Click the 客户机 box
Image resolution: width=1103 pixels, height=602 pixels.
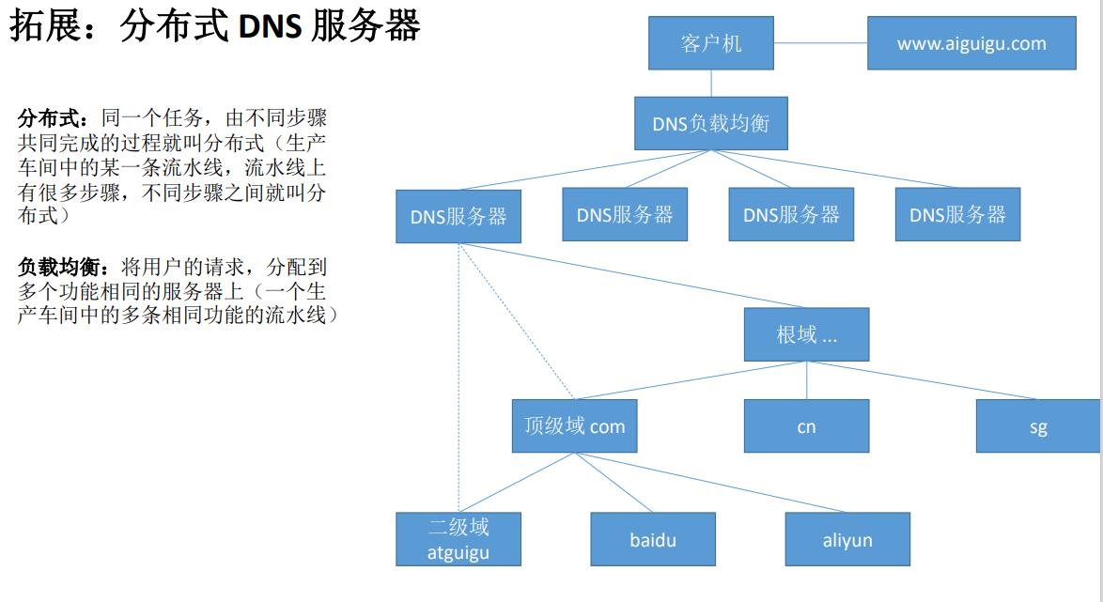pos(711,43)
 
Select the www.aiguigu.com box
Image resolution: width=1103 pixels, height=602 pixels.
pos(971,43)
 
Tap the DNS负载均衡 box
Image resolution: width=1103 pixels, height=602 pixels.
pos(710,123)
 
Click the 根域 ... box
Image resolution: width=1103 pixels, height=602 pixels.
pos(806,334)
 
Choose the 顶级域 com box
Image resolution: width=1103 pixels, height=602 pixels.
pos(574,425)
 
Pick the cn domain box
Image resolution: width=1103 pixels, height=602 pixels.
pos(806,426)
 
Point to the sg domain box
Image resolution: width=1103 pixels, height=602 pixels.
pos(1037,426)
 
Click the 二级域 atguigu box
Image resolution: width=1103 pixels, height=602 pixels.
pos(458,539)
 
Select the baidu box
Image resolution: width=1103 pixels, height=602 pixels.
pos(653,539)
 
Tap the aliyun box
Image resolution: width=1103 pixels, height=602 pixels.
pos(847,539)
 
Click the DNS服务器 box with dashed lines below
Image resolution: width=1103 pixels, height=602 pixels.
pos(458,216)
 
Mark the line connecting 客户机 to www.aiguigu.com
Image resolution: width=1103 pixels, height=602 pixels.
pos(820,43)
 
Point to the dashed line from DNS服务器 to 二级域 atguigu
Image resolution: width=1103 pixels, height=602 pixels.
pos(458,376)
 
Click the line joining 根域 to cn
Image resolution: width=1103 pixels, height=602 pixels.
pos(806,380)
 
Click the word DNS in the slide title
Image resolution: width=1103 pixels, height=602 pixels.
pos(270,26)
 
